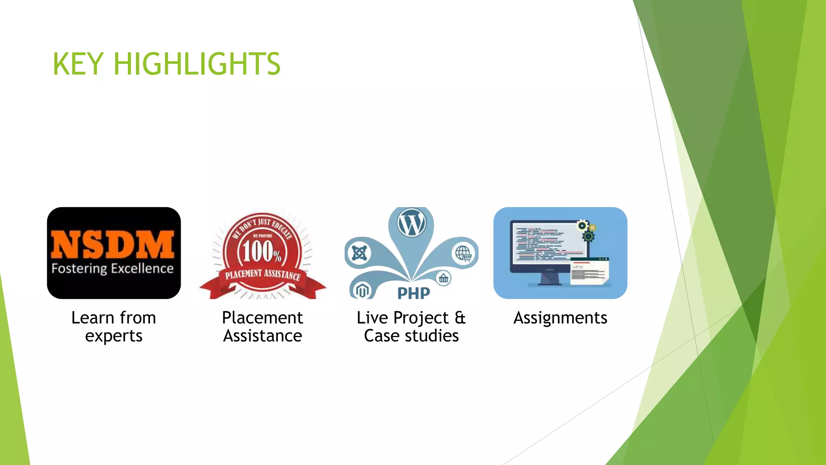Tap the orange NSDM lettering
pos(113,244)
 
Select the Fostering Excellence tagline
pos(113,268)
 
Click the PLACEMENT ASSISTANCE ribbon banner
pos(263,275)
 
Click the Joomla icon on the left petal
pos(359,253)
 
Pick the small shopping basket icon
pos(444,278)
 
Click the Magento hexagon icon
pos(362,290)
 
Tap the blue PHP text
pos(413,293)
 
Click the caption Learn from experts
pos(114,327)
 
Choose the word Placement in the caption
pos(262,318)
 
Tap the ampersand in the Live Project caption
pos(460,318)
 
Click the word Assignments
pos(560,318)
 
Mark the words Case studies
pos(411,336)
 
